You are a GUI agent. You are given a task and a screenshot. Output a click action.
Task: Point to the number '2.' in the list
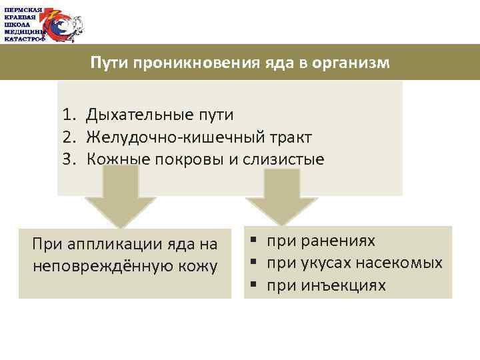[x=71, y=137]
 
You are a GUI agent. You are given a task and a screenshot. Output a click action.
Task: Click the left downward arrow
[x=120, y=197]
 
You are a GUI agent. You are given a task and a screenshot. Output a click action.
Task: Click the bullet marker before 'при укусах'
[x=254, y=263]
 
